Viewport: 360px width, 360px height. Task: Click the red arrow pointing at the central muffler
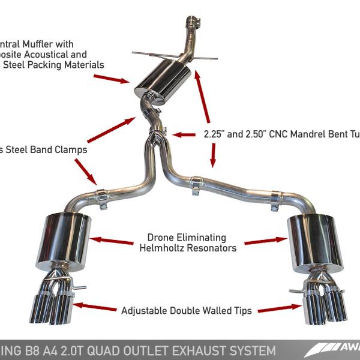(111, 78)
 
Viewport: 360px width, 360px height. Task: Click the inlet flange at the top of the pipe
(193, 23)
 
